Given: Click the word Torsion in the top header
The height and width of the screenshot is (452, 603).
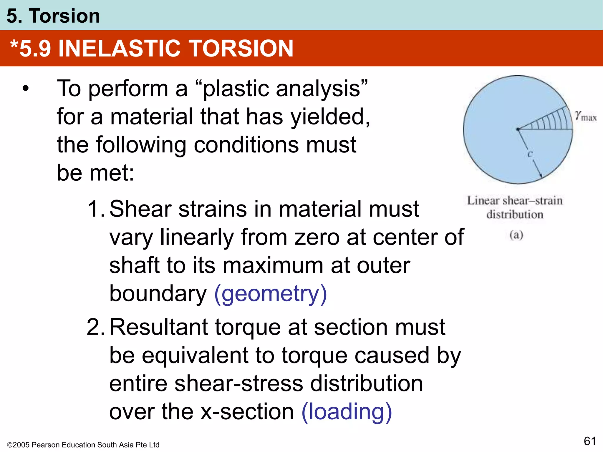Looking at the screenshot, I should pyautogui.click(x=64, y=16).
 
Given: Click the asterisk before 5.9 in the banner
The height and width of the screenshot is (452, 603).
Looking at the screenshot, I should pyautogui.click(x=14, y=46).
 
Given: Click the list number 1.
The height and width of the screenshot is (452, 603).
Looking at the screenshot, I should pyautogui.click(x=95, y=209).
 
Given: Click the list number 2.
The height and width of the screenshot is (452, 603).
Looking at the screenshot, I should pyautogui.click(x=95, y=327).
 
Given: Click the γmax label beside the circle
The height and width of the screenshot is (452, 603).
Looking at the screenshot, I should pyautogui.click(x=586, y=116).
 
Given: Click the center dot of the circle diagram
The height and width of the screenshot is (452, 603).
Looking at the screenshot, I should pyautogui.click(x=518, y=129).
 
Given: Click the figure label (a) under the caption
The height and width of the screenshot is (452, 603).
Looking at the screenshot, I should pyautogui.click(x=516, y=235).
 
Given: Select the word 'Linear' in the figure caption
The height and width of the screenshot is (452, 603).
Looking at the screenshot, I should pyautogui.click(x=483, y=201).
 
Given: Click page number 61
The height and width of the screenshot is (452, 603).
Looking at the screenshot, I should pyautogui.click(x=590, y=441).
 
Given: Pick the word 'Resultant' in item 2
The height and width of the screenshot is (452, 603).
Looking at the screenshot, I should pyautogui.click(x=159, y=327).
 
